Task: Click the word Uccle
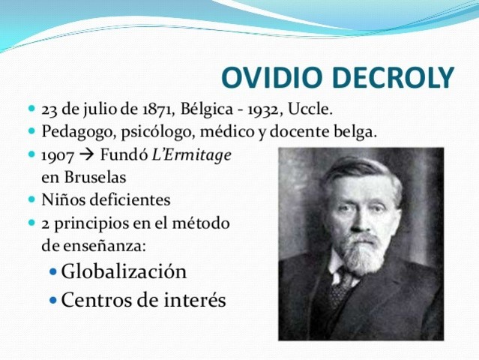coord(315,109)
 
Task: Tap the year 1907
coord(57,156)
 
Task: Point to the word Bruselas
coord(94,178)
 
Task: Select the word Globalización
coord(124,271)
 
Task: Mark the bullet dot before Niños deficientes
coord(31,201)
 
